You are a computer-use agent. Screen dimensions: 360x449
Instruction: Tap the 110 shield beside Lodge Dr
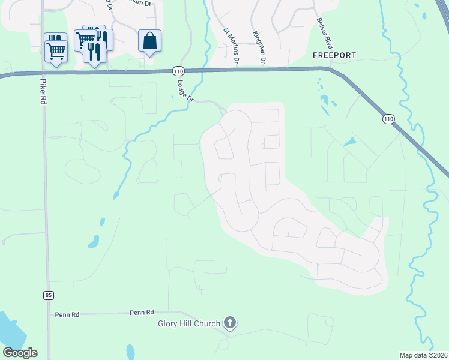coord(178,71)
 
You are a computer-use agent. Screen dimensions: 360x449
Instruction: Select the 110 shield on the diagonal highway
coord(388,119)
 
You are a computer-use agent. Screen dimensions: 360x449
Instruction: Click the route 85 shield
coord(48,295)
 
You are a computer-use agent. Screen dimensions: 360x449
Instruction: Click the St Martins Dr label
coord(232,46)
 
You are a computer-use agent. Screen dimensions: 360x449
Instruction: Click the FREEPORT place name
coord(334,55)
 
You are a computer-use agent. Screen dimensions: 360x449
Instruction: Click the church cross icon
coord(229,323)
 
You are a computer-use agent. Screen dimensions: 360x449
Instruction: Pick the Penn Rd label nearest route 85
coord(67,314)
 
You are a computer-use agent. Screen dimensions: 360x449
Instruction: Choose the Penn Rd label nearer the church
coord(142,313)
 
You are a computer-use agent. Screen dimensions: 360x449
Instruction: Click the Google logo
coord(20,353)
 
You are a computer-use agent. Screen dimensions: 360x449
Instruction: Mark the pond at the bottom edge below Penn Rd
coord(130,352)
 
